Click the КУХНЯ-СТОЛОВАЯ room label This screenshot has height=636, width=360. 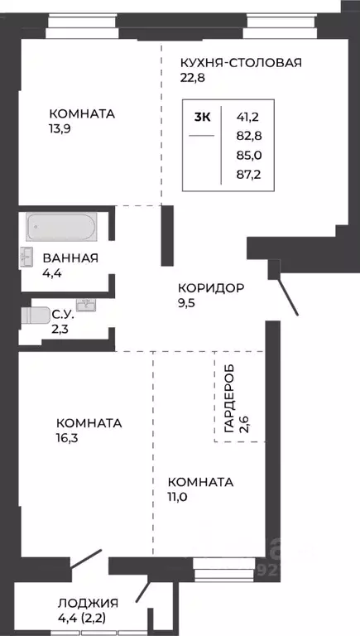click(x=241, y=62)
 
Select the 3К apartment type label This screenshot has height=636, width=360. click(x=202, y=117)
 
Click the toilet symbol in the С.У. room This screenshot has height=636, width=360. click(x=36, y=316)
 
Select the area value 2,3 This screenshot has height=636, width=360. click(x=61, y=328)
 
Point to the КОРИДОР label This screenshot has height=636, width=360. click(x=210, y=288)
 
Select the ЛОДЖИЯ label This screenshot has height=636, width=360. click(x=88, y=603)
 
